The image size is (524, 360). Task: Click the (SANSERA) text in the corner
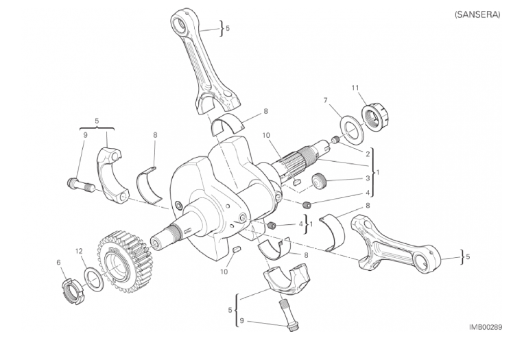(477, 14)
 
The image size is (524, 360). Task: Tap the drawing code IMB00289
(485, 327)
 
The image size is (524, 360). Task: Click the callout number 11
(355, 88)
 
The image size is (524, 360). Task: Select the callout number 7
(326, 100)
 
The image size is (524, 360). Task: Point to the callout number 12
(79, 251)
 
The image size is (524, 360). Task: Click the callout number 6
(59, 263)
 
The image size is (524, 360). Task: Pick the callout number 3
(368, 178)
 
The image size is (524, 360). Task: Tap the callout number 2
(368, 154)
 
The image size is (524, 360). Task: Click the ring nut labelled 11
(377, 117)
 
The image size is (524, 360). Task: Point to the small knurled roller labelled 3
(320, 181)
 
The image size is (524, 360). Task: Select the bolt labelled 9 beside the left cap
(80, 185)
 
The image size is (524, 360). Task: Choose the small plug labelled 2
(335, 139)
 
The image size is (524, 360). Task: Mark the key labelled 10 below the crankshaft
(237, 250)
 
